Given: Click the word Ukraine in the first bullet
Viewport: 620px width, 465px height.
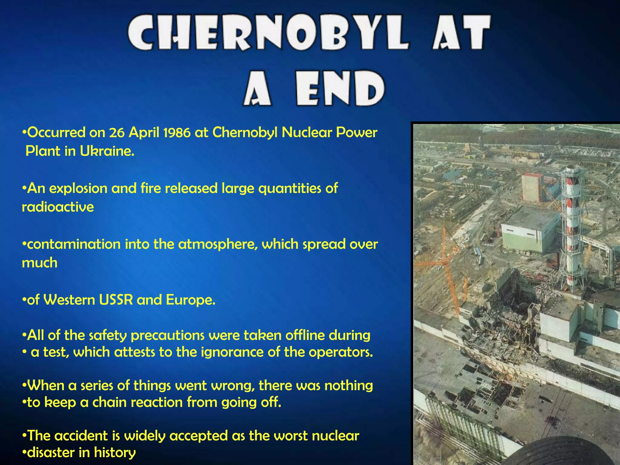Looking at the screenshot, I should [107, 151].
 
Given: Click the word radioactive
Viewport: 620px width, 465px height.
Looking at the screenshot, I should [58, 207].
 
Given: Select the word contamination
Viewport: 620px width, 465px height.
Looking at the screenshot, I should [74, 244].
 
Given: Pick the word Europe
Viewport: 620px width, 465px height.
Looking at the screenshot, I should [190, 300].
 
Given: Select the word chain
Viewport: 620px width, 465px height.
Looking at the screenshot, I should [109, 403].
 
